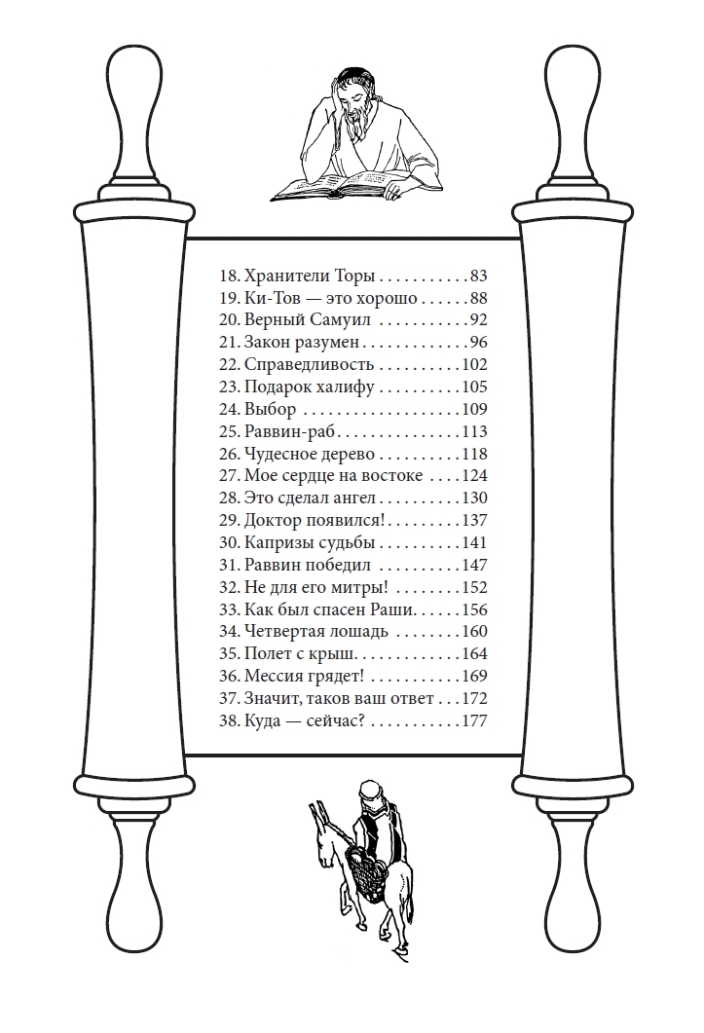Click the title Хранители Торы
309,276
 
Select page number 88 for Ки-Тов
478,298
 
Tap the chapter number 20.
229,320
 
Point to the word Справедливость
309,365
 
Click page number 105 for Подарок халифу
474,387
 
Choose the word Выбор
271,409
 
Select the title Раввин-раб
290,431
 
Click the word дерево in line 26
348,454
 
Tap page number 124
474,476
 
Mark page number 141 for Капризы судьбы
474,543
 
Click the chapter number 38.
229,720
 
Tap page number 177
474,720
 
